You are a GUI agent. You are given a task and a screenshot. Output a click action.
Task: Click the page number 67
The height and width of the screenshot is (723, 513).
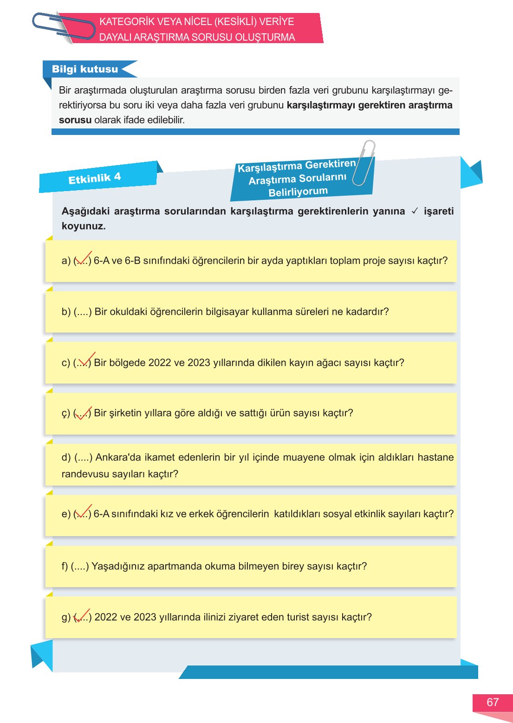(x=493, y=702)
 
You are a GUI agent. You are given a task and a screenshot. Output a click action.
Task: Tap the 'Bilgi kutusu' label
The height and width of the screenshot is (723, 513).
(x=85, y=69)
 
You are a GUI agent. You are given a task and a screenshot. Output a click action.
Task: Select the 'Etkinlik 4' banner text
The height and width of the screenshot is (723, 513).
(x=94, y=178)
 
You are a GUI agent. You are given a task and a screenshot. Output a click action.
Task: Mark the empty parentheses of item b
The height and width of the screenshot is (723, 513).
(x=83, y=312)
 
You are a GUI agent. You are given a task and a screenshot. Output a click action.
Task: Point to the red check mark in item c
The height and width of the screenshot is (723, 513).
(x=86, y=360)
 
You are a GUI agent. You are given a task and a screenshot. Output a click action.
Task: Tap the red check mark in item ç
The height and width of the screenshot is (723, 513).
(x=83, y=412)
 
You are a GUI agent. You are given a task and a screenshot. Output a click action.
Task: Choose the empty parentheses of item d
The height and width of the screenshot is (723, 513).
(x=84, y=458)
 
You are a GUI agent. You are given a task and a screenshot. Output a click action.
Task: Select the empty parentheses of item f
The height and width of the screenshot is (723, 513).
(x=80, y=566)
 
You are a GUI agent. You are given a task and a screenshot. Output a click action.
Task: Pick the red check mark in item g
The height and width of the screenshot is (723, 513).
(x=82, y=616)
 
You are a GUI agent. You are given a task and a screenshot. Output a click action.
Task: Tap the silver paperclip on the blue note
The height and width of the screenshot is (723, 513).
(x=364, y=162)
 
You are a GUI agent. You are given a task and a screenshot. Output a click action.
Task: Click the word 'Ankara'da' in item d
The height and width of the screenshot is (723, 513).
(x=117, y=458)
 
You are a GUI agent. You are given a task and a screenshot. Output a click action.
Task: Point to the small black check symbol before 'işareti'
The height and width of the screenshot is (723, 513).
(x=415, y=211)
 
